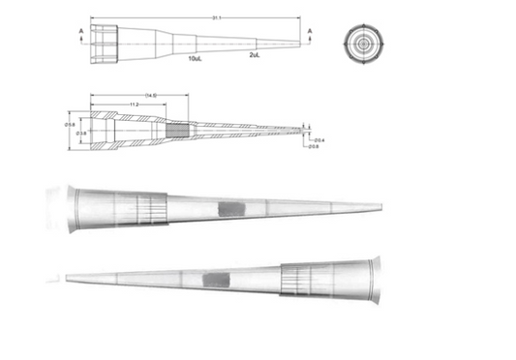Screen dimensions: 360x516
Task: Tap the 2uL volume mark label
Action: click(x=254, y=55)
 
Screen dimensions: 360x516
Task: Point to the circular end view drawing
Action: click(x=362, y=44)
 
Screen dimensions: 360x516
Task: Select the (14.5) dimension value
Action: click(x=151, y=95)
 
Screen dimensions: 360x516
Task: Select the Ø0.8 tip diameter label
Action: click(x=314, y=147)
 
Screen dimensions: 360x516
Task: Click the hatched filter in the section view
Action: click(x=179, y=126)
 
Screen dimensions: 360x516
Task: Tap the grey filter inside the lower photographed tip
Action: click(x=215, y=281)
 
